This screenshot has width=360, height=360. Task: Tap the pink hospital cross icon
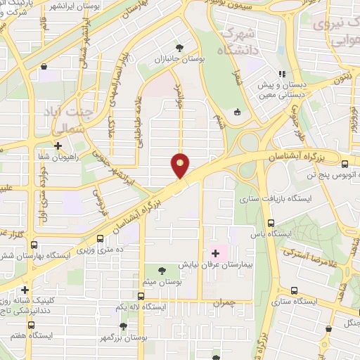[215, 252]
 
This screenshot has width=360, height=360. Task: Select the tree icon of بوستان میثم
[163, 269]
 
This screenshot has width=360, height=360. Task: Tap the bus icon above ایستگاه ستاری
[292, 290]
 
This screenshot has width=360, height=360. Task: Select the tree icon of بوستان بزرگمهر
[124, 326]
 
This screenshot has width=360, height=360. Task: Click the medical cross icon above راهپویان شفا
[58, 146]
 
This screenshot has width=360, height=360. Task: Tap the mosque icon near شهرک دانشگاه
[237, 111]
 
